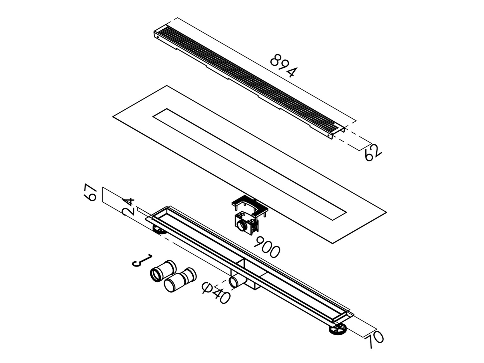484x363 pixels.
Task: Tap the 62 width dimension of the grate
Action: (372, 153)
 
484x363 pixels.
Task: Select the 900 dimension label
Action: (267, 247)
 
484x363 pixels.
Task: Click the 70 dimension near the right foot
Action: (374, 340)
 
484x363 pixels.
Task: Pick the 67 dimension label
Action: (91, 194)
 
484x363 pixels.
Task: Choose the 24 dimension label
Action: (128, 207)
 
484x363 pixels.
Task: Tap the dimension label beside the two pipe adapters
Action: (142, 260)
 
